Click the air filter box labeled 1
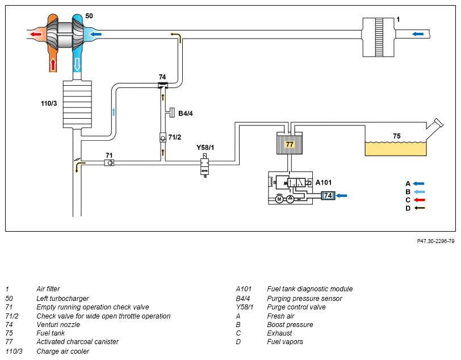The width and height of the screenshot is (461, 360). click(378, 37)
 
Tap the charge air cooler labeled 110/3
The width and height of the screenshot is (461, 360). click(77, 104)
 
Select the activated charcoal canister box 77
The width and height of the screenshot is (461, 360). click(290, 143)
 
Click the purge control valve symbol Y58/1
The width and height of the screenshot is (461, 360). click(204, 166)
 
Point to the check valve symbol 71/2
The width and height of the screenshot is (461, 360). click(163, 137)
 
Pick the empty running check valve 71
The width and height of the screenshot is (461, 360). click(109, 162)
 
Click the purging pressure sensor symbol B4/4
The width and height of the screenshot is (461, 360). click(171, 113)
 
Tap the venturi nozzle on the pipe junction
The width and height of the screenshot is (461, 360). click(162, 85)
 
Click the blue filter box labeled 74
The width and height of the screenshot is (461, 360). click(328, 195)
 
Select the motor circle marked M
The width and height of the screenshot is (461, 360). click(279, 199)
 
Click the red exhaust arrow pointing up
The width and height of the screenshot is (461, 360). click(53, 64)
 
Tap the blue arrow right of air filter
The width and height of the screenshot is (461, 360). click(418, 34)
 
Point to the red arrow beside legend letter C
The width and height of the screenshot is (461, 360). click(419, 200)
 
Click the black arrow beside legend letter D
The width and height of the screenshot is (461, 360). click(419, 208)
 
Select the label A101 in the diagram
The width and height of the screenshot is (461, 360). click(324, 182)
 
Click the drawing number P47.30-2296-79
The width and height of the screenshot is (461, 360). click(435, 241)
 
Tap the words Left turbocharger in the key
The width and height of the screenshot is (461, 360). click(62, 299)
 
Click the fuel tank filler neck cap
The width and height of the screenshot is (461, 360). click(439, 123)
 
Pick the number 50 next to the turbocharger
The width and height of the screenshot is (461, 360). click(89, 16)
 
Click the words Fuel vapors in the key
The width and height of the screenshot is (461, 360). click(285, 342)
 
